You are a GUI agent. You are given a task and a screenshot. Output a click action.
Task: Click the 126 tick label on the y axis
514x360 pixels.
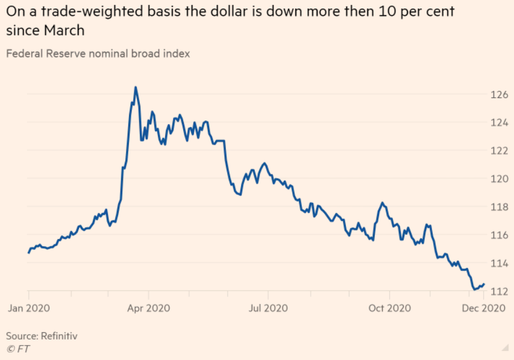(499, 95)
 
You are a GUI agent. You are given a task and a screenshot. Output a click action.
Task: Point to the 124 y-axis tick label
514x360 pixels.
(499, 123)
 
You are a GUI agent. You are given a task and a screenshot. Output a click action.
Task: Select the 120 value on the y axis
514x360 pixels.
(499, 179)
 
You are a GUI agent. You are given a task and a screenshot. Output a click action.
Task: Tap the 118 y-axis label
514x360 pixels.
(499, 207)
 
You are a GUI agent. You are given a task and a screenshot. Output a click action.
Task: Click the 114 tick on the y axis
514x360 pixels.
(499, 263)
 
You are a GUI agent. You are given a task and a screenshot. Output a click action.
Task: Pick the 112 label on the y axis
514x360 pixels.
(499, 291)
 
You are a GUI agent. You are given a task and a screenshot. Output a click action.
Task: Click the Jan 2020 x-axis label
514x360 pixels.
(28, 308)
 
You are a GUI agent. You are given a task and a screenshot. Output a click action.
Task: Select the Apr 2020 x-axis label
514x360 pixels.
(148, 308)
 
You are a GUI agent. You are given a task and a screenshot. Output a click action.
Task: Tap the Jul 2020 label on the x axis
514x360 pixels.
(268, 308)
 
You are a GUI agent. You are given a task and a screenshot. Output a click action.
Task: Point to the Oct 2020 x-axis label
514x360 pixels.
(389, 308)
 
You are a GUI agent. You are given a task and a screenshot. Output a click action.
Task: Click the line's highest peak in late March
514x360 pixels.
(136, 87)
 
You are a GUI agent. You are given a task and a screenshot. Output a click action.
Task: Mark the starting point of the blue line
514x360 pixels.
(29, 252)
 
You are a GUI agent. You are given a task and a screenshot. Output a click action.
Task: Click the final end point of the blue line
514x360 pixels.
(484, 284)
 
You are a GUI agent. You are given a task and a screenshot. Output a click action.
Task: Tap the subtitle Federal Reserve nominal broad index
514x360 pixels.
(98, 54)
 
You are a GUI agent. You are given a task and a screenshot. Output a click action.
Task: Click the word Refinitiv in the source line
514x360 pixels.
(59, 335)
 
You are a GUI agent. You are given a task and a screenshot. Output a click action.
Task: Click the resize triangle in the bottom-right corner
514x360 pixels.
(504, 348)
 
